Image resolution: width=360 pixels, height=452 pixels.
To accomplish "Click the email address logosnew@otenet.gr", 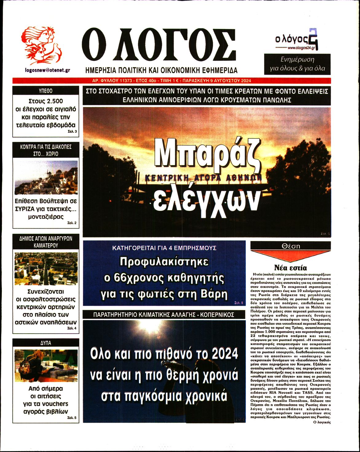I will point(47,70).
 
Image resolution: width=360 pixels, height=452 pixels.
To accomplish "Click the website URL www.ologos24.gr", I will point(301,48).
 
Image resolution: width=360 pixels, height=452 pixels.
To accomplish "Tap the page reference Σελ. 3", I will point(72,132).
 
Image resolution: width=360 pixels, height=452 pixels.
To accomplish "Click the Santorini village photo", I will point(46,177).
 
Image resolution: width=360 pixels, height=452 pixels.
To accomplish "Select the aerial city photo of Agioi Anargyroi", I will point(46,269).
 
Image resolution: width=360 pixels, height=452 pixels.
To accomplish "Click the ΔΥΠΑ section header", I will point(46,343).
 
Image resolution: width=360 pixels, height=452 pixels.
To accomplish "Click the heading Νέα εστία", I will point(290,268).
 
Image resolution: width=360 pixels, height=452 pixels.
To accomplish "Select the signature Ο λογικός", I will point(321,422).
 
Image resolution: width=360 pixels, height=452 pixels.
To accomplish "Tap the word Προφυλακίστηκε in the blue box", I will point(164,262).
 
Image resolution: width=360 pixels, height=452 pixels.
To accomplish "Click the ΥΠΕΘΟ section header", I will point(46,91).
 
